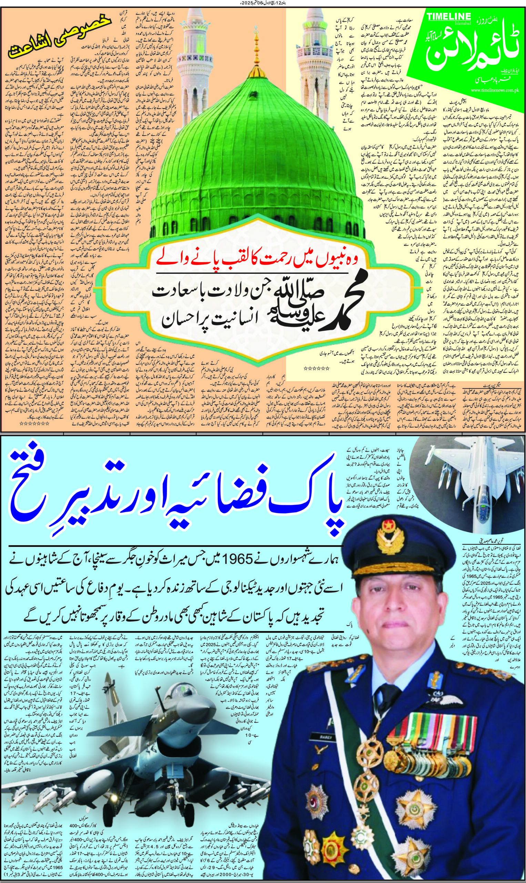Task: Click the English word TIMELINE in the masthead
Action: [x=449, y=16]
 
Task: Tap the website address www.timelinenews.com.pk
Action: [x=497, y=90]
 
